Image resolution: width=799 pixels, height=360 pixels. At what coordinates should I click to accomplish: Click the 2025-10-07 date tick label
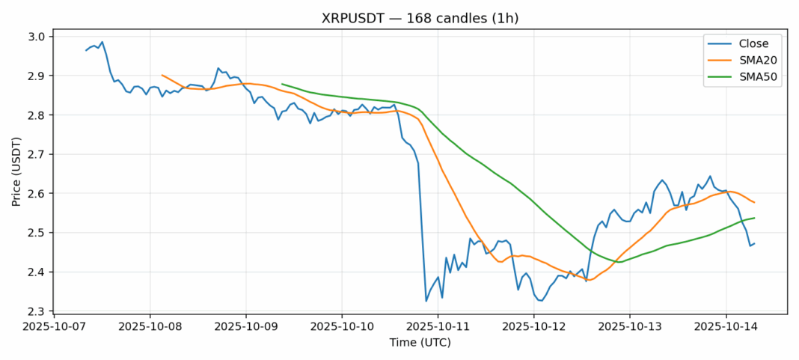(x=54, y=327)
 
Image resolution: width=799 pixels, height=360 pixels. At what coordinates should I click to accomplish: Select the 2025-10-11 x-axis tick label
(x=438, y=327)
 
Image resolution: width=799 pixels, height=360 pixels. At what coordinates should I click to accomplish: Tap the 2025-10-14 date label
(x=725, y=327)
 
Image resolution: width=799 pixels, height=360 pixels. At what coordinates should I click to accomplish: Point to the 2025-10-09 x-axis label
(x=245, y=327)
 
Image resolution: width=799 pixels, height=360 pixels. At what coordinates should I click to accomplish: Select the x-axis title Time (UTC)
(x=420, y=342)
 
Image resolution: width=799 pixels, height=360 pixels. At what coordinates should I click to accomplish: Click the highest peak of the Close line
(x=102, y=42)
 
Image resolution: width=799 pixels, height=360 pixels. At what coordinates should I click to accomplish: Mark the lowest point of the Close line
(x=426, y=301)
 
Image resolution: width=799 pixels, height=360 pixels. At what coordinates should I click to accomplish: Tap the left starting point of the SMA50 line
(x=282, y=84)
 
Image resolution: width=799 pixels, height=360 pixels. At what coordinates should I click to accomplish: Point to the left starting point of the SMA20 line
(x=162, y=75)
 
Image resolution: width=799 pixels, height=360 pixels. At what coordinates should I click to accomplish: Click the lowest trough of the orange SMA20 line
(x=589, y=281)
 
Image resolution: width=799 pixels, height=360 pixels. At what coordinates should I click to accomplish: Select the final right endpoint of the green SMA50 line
(x=754, y=218)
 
